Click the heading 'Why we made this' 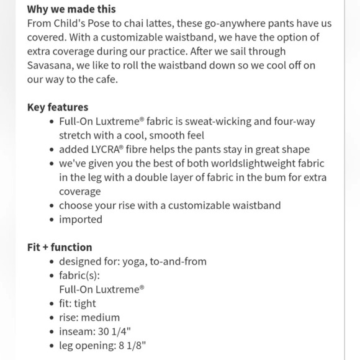tap(71, 10)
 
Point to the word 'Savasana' tap(50, 66)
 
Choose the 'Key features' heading tap(58, 107)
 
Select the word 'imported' tap(81, 219)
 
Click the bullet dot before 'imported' tap(52, 220)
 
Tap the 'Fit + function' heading tap(60, 247)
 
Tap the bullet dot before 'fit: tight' tap(52, 304)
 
